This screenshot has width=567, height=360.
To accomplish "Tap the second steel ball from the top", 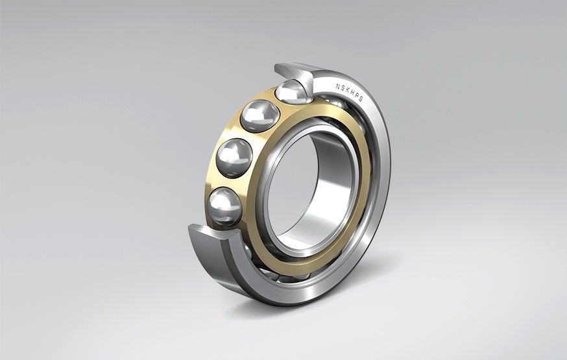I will pos(259,117).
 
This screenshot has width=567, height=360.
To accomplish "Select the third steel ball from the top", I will pos(234,158).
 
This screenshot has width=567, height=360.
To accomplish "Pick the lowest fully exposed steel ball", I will pos(224,206).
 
